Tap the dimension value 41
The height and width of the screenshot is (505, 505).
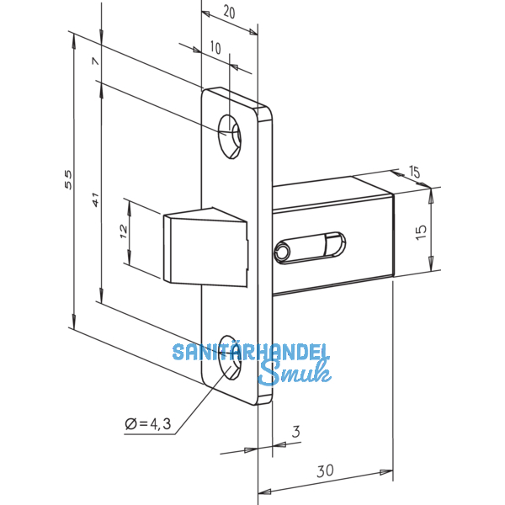[x=95, y=200]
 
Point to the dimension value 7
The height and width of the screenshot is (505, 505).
[x=95, y=62]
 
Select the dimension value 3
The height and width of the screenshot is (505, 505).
[x=295, y=433]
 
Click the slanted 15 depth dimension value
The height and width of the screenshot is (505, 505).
[x=414, y=173]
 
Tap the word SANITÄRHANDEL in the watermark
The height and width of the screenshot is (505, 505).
[x=251, y=352]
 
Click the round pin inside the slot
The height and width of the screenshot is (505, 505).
[x=283, y=250]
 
